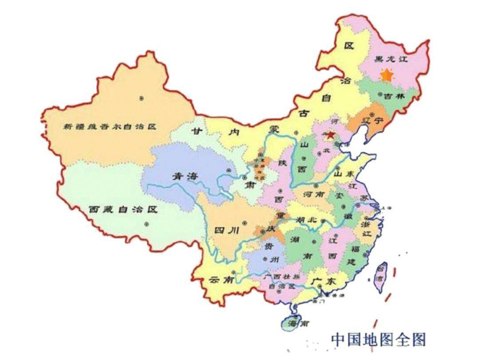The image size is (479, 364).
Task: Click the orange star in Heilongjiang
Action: tap(387, 76)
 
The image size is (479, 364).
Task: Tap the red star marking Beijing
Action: tap(330, 135)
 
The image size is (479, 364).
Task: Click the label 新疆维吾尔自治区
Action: tap(110, 127)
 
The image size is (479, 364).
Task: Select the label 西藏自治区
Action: tap(123, 209)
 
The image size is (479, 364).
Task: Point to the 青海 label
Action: tap(185, 176)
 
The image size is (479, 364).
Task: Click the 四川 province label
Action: tap(227, 230)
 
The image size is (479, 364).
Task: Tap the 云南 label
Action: tap(220, 280)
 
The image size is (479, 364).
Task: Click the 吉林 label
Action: tap(395, 96)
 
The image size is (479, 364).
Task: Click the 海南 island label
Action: tap(298, 324)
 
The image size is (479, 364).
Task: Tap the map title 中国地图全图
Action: tap(378, 340)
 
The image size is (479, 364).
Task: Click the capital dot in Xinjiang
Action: tap(141, 98)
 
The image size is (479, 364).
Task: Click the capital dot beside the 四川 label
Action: tap(244, 223)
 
